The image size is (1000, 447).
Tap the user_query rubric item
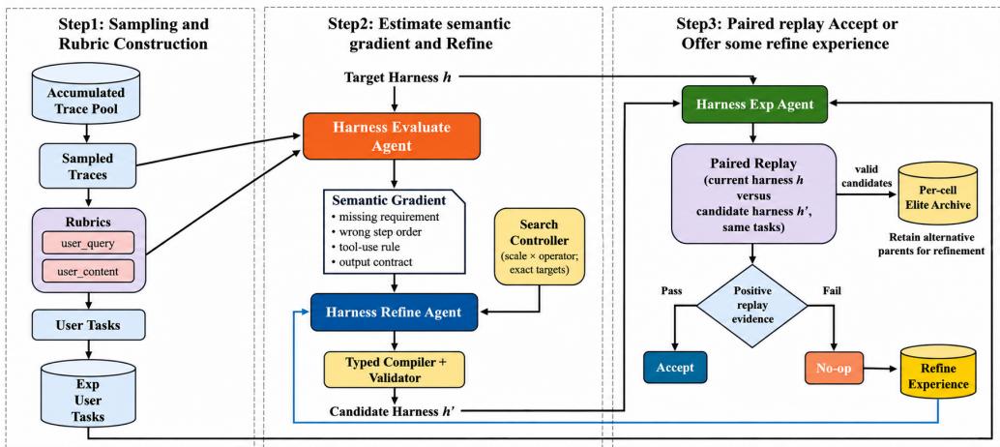[87, 243]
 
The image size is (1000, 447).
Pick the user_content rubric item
[87, 272]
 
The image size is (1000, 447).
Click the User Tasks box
[87, 325]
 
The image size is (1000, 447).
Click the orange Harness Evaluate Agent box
[391, 135]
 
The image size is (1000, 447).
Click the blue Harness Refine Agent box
[394, 312]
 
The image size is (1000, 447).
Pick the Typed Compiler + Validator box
[394, 370]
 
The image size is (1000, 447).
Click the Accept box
[675, 368]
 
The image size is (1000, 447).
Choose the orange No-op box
[834, 368]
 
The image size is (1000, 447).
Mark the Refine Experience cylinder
[937, 375]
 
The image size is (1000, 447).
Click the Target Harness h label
[393, 77]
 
